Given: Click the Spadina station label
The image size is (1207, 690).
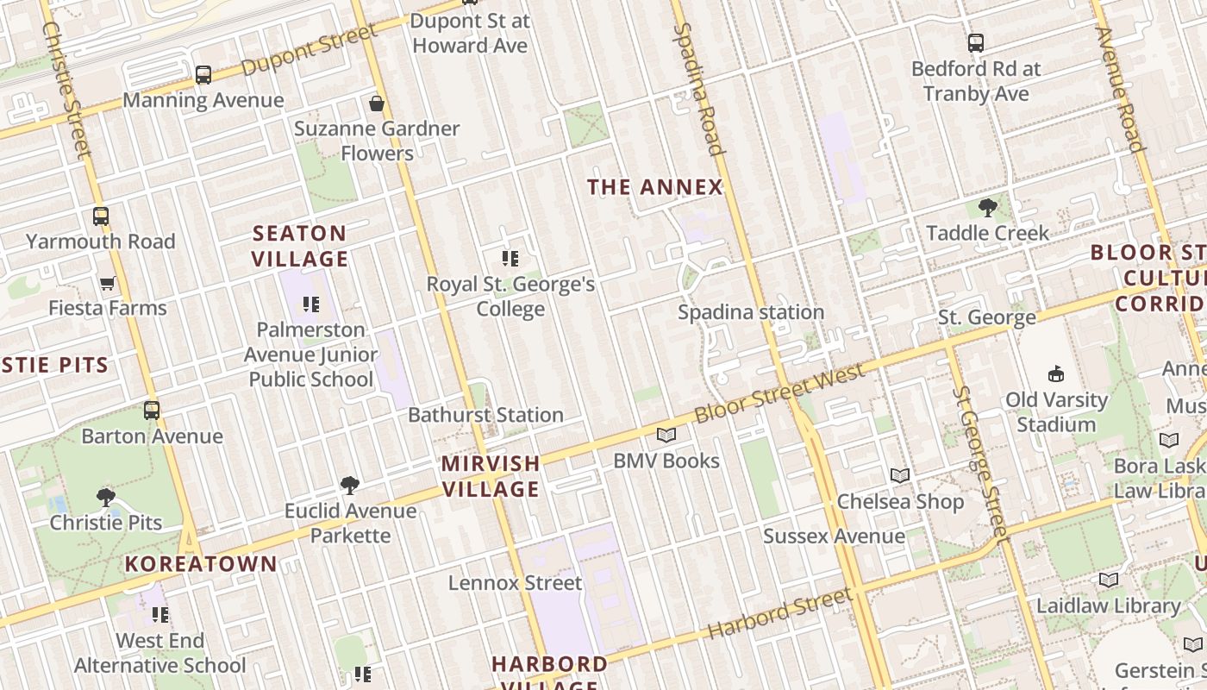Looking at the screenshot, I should (750, 312).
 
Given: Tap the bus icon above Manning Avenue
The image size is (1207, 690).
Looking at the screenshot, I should (203, 75).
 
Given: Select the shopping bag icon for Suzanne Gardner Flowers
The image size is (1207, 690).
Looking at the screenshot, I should (377, 104).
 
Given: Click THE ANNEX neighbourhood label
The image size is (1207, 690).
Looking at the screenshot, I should (654, 187).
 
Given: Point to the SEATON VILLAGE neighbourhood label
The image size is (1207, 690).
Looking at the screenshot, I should (300, 246).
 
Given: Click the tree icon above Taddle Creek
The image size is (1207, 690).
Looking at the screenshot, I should (987, 207).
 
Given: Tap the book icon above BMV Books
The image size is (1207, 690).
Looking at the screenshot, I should (666, 435).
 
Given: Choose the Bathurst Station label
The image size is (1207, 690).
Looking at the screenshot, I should (485, 415).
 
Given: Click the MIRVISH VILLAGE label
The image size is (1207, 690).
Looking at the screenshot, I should (491, 476).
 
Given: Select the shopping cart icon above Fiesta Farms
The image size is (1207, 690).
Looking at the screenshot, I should (108, 283).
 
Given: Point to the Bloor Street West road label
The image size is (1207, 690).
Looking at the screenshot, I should (779, 393).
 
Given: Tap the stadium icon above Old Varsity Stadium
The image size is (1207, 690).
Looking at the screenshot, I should (1056, 373).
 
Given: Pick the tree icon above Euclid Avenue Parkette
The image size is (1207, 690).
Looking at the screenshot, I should (350, 486).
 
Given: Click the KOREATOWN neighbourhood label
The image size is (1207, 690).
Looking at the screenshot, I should (201, 565).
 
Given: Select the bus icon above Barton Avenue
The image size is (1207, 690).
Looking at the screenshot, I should (152, 411).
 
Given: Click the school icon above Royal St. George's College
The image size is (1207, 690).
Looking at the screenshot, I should (510, 258).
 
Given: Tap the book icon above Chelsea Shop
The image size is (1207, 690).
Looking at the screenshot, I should (900, 475).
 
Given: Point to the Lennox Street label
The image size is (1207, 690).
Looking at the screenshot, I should (515, 583).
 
